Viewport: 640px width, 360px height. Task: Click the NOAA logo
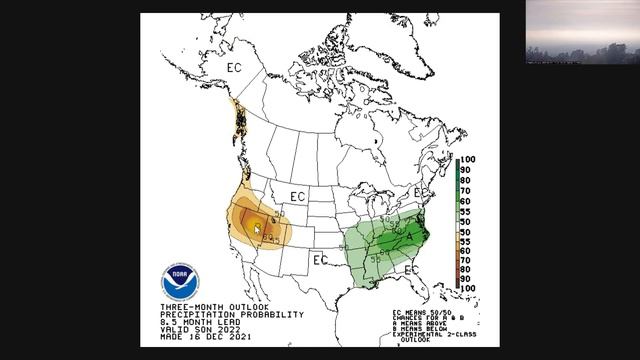click(180, 280)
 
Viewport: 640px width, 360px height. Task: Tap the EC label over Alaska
click(234, 67)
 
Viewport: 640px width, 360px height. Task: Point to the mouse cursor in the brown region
click(257, 229)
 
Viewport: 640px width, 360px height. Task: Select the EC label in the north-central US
click(298, 196)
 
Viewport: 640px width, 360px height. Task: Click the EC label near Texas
click(320, 260)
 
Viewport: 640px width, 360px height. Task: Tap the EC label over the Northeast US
click(421, 192)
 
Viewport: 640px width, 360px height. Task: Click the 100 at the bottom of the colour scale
click(466, 288)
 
